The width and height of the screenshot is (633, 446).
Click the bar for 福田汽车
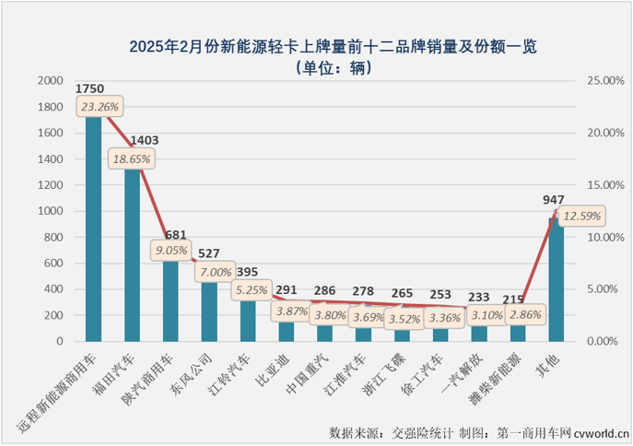point(132,258)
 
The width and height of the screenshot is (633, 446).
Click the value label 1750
point(90,88)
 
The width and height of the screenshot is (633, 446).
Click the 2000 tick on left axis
point(52,81)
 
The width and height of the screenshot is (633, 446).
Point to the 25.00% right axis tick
point(600,81)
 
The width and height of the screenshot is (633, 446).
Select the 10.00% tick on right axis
point(600,237)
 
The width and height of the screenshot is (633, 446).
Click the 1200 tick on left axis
point(52,185)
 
